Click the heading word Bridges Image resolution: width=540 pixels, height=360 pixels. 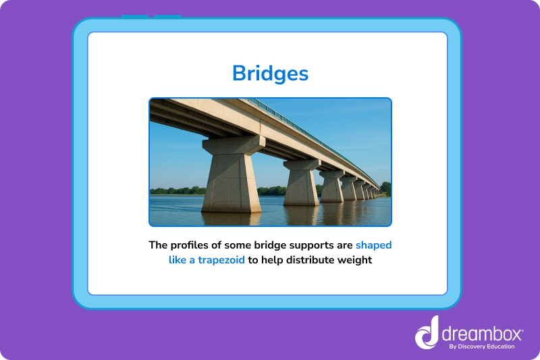[x=270, y=73]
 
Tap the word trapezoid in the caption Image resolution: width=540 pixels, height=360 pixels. [x=221, y=259]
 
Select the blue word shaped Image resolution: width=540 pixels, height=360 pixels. [x=373, y=245]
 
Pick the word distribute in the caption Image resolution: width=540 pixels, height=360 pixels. [x=304, y=259]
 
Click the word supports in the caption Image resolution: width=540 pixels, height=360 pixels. [x=307, y=245]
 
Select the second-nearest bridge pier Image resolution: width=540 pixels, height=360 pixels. [x=301, y=184]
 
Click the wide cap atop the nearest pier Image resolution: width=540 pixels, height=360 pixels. [x=234, y=145]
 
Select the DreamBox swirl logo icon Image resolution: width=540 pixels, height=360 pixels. [x=427, y=333]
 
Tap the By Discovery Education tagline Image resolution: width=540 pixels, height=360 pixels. [x=481, y=346]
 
